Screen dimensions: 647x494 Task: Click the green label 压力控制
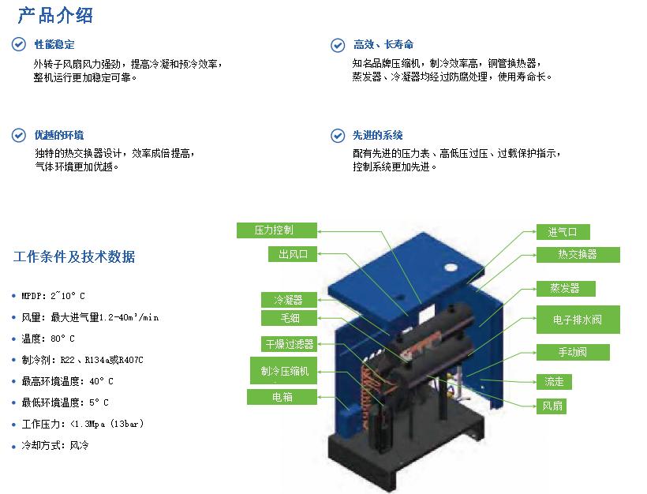276,230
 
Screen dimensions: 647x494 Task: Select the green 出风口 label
293,254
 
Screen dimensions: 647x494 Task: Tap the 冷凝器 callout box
289,300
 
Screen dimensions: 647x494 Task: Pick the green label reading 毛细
289,318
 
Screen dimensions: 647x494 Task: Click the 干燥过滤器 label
289,344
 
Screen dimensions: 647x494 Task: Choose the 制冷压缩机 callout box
283,371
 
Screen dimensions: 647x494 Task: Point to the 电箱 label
282,397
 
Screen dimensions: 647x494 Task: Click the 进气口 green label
563,232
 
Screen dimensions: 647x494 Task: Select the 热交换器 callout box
578,255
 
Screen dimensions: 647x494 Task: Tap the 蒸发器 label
566,289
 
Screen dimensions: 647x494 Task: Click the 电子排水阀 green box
578,320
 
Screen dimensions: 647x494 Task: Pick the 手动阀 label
573,352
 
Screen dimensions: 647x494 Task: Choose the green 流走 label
554,382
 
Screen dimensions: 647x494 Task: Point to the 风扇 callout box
552,406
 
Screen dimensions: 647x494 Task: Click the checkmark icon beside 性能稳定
19,44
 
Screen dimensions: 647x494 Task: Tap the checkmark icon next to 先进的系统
338,136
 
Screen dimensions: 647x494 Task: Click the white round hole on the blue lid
451,268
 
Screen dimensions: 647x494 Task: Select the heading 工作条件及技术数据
74,256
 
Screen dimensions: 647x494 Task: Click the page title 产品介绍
55,16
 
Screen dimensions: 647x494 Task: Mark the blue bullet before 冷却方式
13,445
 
